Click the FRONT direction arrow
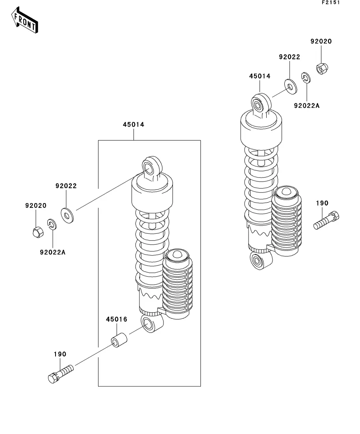click(x=25, y=20)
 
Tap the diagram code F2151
click(x=330, y=2)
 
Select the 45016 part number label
click(x=117, y=319)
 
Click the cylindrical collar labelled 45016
click(x=119, y=341)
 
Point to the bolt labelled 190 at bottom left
click(x=61, y=374)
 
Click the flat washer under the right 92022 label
click(x=290, y=86)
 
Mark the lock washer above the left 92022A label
click(x=52, y=224)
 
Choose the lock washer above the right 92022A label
click(x=306, y=78)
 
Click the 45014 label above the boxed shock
click(x=134, y=125)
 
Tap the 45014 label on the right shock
click(x=260, y=76)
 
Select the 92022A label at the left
click(x=53, y=252)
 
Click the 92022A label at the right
click(x=307, y=106)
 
